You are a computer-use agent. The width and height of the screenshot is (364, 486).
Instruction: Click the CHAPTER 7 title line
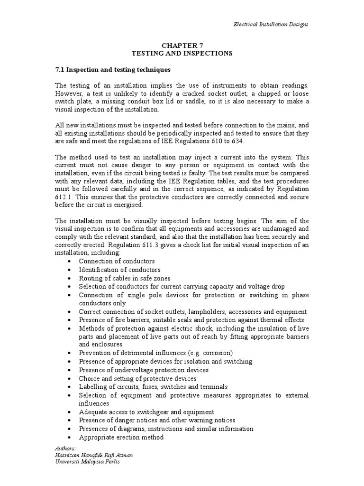(x=182, y=45)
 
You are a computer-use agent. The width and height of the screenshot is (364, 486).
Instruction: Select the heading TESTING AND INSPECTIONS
(x=182, y=54)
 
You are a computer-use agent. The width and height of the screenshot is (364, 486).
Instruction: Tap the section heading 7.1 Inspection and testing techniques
(x=113, y=70)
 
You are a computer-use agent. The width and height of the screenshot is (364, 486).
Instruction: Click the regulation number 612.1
(x=65, y=196)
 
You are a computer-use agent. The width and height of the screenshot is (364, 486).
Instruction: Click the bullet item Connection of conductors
(x=117, y=262)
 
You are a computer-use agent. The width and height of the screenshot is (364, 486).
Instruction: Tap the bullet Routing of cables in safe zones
(x=125, y=278)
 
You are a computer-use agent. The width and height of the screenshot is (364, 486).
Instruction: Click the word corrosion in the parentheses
(x=218, y=353)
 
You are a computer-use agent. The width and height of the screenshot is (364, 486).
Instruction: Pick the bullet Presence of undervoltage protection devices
(x=144, y=370)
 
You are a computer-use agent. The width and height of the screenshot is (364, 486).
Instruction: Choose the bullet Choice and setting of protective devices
(x=137, y=378)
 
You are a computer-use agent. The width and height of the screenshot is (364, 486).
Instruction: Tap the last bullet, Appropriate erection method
(x=121, y=437)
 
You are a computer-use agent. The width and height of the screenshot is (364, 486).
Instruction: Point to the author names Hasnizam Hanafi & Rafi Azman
(x=94, y=455)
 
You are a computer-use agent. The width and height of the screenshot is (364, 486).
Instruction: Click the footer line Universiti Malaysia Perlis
(x=88, y=462)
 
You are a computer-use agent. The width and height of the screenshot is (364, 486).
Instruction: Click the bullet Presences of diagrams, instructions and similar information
(x=166, y=429)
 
